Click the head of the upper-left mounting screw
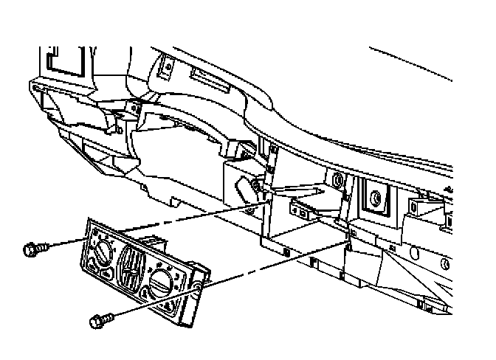pyautogui.click(x=30, y=249)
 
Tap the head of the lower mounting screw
pyautogui.click(x=95, y=322)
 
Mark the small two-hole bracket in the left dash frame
pyautogui.click(x=134, y=109)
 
